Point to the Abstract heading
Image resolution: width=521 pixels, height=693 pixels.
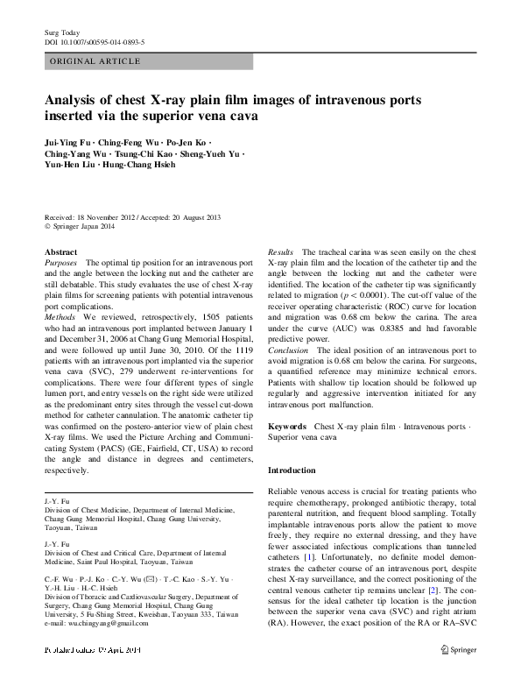point(60,251)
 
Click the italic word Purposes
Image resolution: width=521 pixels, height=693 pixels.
point(61,262)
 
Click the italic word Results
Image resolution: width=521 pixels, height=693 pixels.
point(280,251)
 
